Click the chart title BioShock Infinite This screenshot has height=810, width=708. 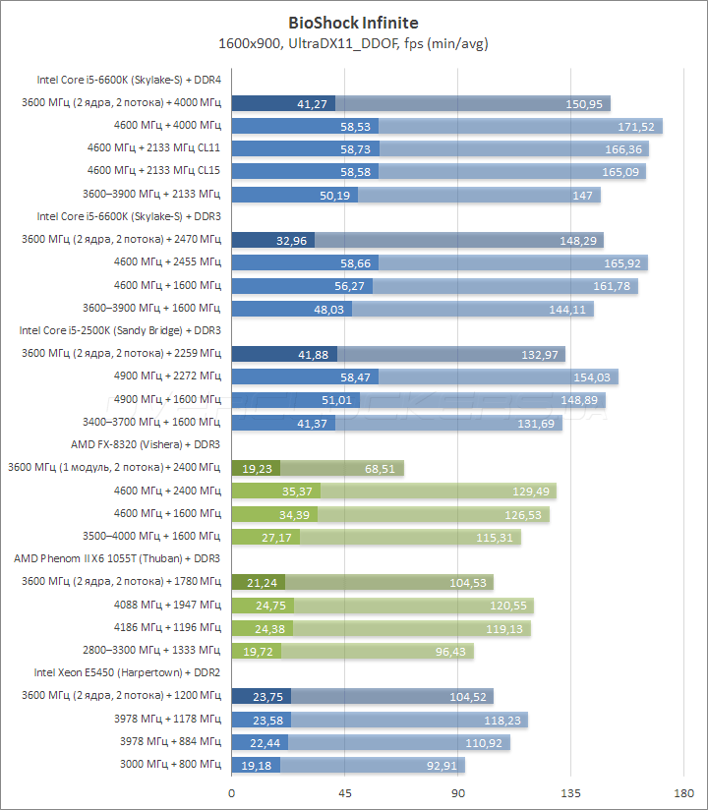click(x=353, y=22)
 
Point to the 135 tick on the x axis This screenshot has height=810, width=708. click(x=571, y=793)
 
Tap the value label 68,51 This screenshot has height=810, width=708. click(x=380, y=469)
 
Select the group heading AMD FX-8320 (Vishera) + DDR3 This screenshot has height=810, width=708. click(x=146, y=444)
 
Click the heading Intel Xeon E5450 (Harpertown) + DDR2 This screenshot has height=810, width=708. click(x=128, y=672)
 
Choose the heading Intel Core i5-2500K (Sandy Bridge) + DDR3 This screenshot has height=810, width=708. click(x=120, y=330)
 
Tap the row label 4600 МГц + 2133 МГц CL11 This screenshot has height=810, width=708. click(x=153, y=148)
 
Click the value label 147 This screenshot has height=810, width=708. click(x=584, y=195)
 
